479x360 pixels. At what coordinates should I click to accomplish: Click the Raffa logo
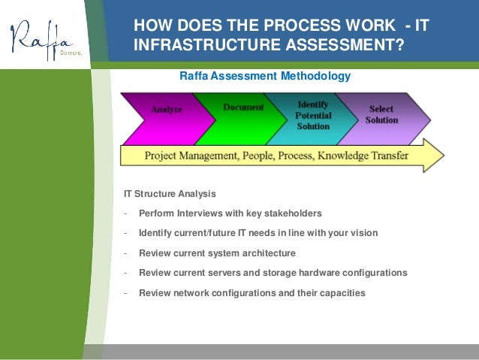42,39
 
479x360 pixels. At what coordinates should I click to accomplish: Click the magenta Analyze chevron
166,110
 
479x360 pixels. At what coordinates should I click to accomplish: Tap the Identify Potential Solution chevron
313,116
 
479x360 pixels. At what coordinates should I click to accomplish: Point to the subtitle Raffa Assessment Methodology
265,76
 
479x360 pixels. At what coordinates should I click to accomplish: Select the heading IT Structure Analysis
170,194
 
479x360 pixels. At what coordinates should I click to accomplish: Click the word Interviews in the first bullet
202,213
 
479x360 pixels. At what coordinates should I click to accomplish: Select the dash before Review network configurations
125,292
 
